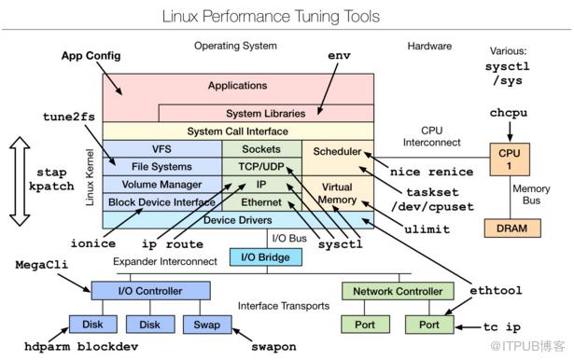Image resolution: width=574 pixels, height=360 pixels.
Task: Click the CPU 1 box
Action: (x=510, y=159)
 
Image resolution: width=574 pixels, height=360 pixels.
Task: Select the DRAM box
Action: (x=512, y=228)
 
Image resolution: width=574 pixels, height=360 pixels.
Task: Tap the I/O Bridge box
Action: (x=266, y=257)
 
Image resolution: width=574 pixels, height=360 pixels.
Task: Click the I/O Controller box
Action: (x=150, y=291)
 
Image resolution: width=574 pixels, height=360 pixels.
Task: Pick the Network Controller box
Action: (x=398, y=291)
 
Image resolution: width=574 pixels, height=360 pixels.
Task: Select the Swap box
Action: (x=207, y=325)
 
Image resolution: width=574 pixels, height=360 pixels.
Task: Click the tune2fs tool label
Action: (x=69, y=117)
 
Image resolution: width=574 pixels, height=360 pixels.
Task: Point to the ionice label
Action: (x=93, y=243)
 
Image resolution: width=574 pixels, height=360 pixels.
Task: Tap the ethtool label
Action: (x=496, y=290)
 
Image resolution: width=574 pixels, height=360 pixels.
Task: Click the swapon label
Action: (x=273, y=347)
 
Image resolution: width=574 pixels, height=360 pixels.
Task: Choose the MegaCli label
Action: (x=42, y=265)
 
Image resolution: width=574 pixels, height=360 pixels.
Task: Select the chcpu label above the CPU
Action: (x=509, y=113)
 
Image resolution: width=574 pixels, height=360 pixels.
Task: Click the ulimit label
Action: (x=427, y=229)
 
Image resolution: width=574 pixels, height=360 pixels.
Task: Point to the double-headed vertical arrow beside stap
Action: (x=20, y=181)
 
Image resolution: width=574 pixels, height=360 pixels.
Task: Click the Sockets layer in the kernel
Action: (x=261, y=149)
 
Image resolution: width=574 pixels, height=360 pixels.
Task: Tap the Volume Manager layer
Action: (x=161, y=185)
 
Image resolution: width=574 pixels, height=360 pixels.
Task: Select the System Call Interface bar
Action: (x=238, y=131)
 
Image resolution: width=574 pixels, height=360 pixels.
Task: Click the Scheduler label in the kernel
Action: (x=337, y=151)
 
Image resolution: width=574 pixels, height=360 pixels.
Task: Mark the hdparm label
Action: (x=47, y=346)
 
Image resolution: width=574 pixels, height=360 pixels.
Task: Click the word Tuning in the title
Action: (x=316, y=17)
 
